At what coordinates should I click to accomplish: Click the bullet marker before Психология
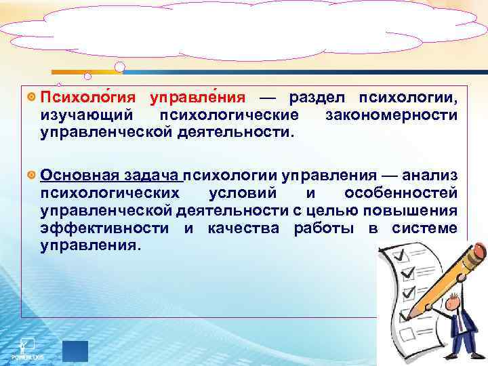(x=33, y=98)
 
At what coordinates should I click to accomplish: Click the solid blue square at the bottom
(x=75, y=350)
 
